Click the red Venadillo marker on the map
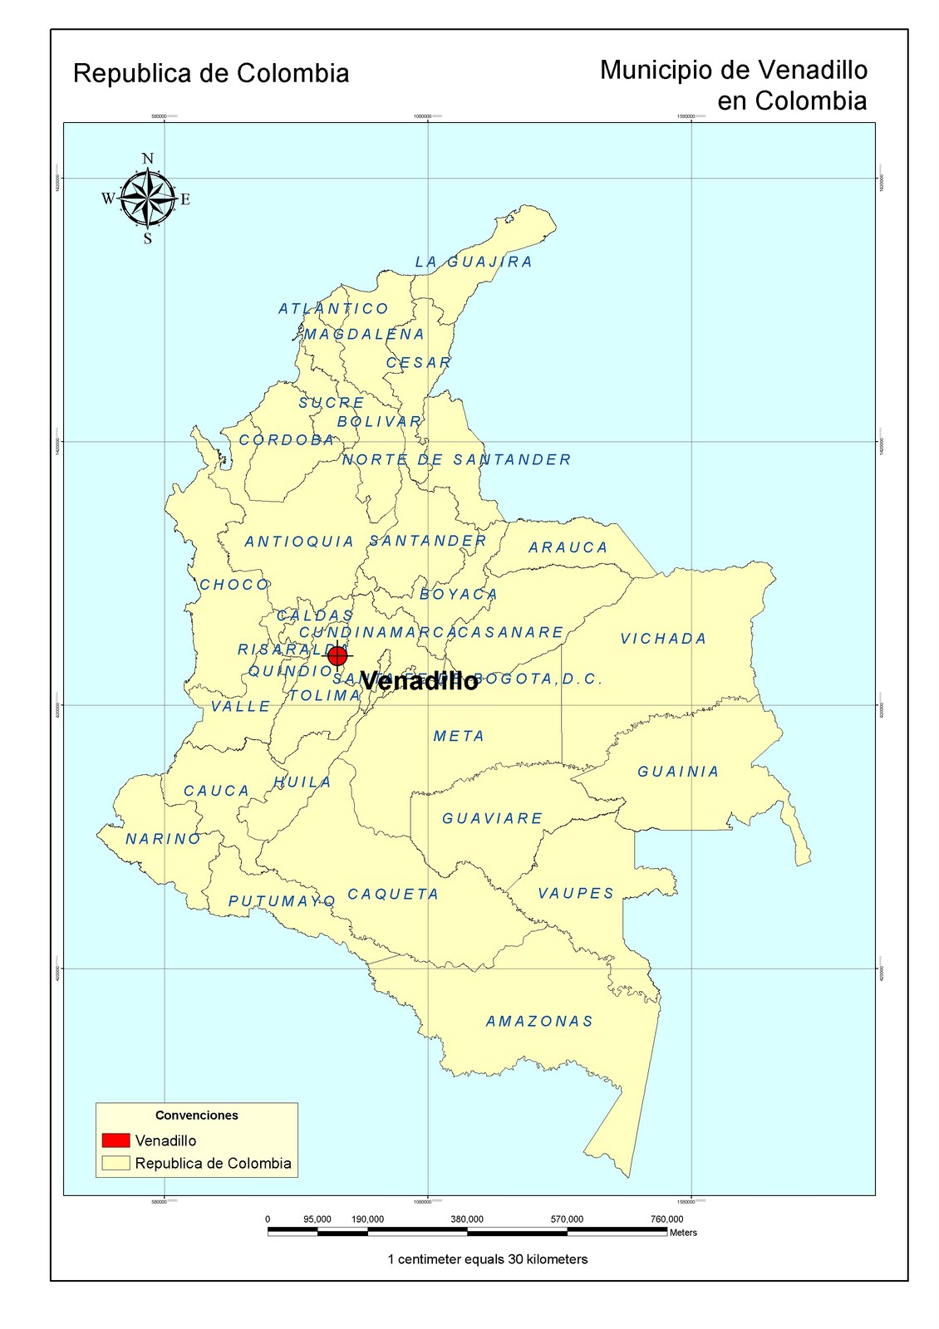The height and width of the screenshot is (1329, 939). (x=337, y=656)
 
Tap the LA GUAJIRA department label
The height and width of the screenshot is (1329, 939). (x=474, y=262)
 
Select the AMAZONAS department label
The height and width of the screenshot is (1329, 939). (x=539, y=1021)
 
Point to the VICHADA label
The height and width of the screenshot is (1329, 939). (x=663, y=639)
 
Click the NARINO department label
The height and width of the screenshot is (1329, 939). (x=164, y=839)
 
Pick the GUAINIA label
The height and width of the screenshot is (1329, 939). (x=678, y=772)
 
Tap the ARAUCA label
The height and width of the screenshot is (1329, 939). (x=568, y=547)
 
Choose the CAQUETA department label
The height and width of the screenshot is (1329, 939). (x=393, y=895)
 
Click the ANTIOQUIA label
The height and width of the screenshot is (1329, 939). (x=299, y=542)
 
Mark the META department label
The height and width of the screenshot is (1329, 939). (x=459, y=736)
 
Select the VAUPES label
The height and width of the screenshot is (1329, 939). (x=576, y=893)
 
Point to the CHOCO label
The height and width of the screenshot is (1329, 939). (x=234, y=585)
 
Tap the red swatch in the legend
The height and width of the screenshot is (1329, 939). (x=116, y=1140)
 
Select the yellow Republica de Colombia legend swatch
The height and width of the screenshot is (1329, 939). (x=116, y=1163)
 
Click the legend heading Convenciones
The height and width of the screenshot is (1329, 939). (x=197, y=1116)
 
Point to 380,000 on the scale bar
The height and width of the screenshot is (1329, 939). (x=467, y=1219)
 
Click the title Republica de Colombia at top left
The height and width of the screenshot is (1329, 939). (x=211, y=73)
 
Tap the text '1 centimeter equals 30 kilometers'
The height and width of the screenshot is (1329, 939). (x=488, y=1259)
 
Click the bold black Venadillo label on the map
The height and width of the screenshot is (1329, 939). (x=420, y=681)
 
